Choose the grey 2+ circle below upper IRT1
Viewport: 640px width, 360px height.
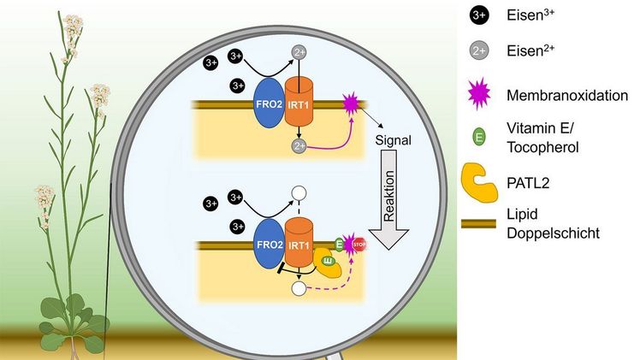click(299, 147)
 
